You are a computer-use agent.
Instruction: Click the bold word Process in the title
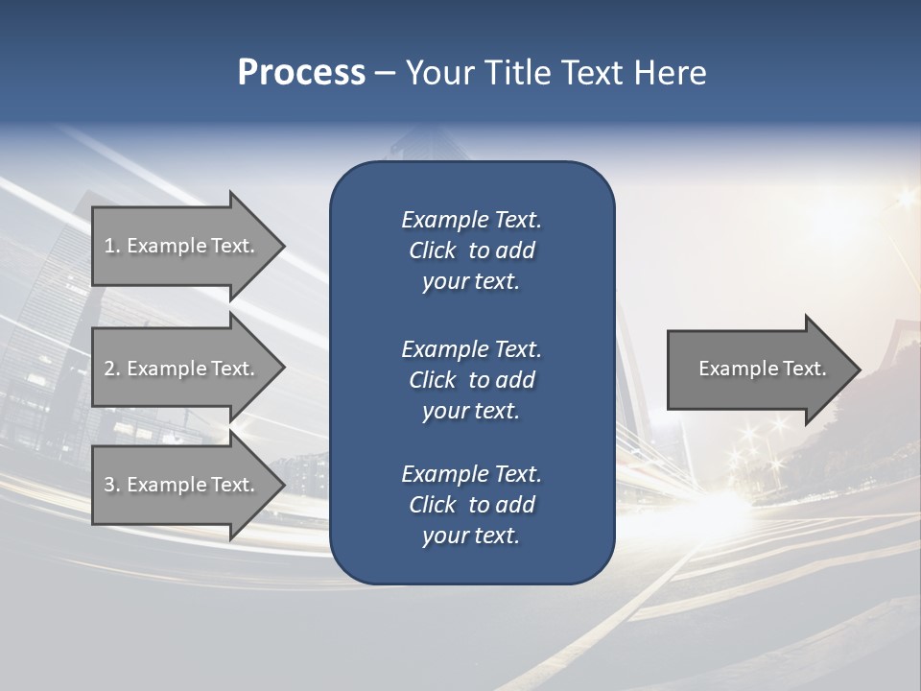coord(301,73)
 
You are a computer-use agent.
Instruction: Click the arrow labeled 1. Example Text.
coord(182,246)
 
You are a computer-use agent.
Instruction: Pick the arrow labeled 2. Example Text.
coord(182,369)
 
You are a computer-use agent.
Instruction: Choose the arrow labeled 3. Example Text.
coord(182,485)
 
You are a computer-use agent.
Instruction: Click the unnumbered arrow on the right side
coord(758,369)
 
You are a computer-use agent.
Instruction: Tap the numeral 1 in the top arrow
coord(109,246)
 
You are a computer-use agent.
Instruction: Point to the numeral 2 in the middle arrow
coord(109,369)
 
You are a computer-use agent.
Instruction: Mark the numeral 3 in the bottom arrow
coord(109,485)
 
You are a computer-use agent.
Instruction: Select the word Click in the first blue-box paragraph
coord(432,250)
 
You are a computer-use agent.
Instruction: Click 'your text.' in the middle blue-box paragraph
coord(471,411)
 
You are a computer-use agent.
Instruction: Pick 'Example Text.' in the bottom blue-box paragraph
coord(471,474)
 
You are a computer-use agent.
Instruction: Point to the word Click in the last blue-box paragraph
coord(432,505)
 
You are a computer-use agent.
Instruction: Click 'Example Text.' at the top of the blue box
coord(471,220)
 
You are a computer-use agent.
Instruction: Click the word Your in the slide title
coord(437,73)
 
